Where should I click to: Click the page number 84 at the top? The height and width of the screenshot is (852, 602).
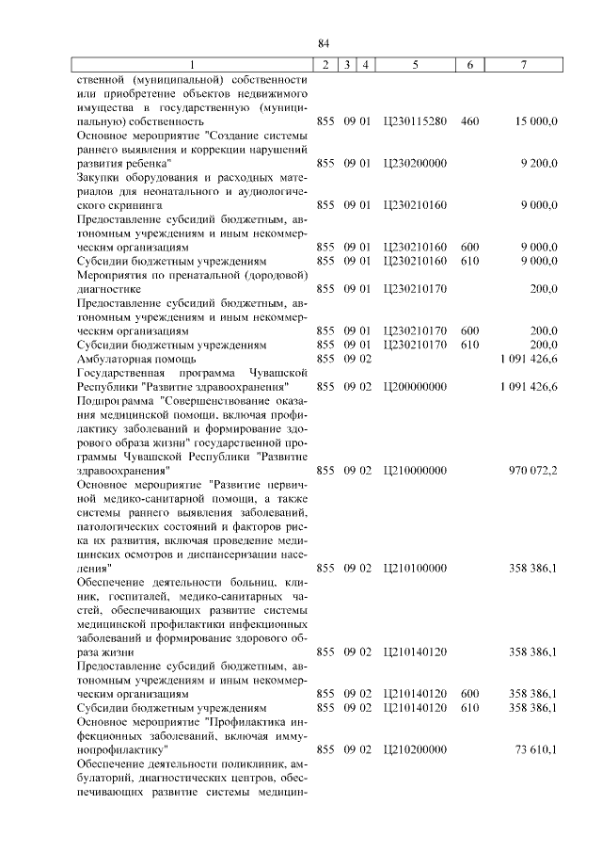(x=323, y=43)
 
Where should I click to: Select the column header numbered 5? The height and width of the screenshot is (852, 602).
(x=416, y=65)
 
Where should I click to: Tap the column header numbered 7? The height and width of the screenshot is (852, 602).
(x=523, y=65)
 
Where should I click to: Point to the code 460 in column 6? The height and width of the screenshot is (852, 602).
(x=470, y=122)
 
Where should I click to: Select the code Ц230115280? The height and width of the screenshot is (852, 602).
(x=415, y=122)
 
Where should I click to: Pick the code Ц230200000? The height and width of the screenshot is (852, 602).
(x=415, y=163)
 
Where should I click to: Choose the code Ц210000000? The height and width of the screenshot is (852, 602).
(x=415, y=468)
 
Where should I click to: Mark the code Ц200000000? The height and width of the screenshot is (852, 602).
(x=415, y=387)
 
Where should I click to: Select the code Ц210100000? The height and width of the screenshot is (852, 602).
(x=415, y=569)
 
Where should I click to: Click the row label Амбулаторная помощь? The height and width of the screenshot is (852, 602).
(x=135, y=359)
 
